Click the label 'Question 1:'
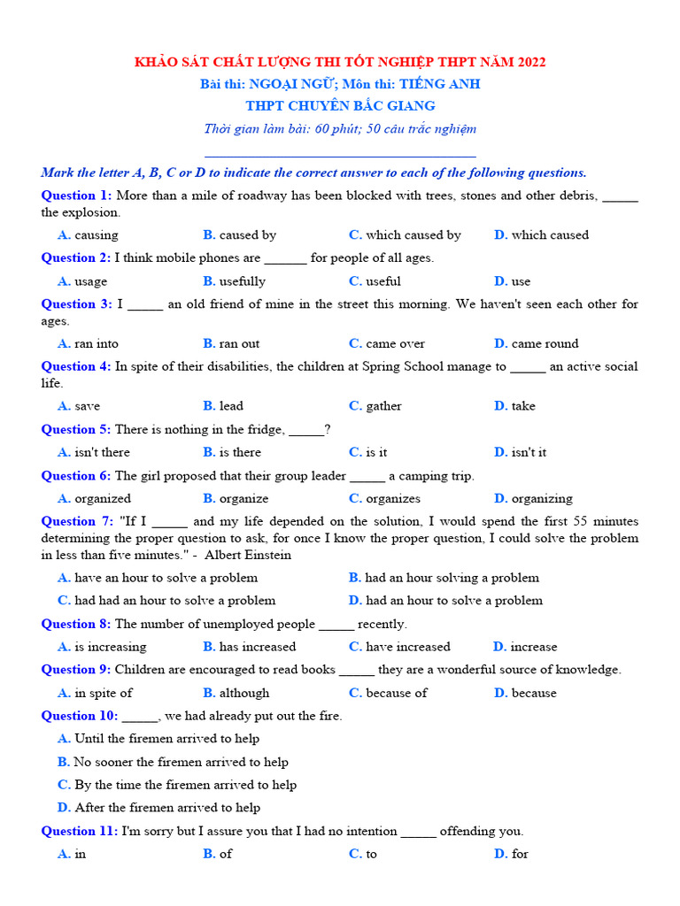(76, 196)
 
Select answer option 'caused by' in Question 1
(247, 235)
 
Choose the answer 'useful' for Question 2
(382, 281)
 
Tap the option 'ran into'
(96, 344)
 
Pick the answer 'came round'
(544, 344)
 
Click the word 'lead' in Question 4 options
(231, 406)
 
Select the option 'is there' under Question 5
(240, 452)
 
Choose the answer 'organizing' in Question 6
(541, 498)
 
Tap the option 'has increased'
(257, 647)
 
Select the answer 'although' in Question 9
(243, 693)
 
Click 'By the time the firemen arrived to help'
(185, 785)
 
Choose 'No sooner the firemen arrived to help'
(181, 762)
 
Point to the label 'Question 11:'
(80, 831)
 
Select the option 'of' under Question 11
(226, 854)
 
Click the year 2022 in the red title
(529, 62)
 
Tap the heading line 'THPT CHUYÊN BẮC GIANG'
(340, 106)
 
